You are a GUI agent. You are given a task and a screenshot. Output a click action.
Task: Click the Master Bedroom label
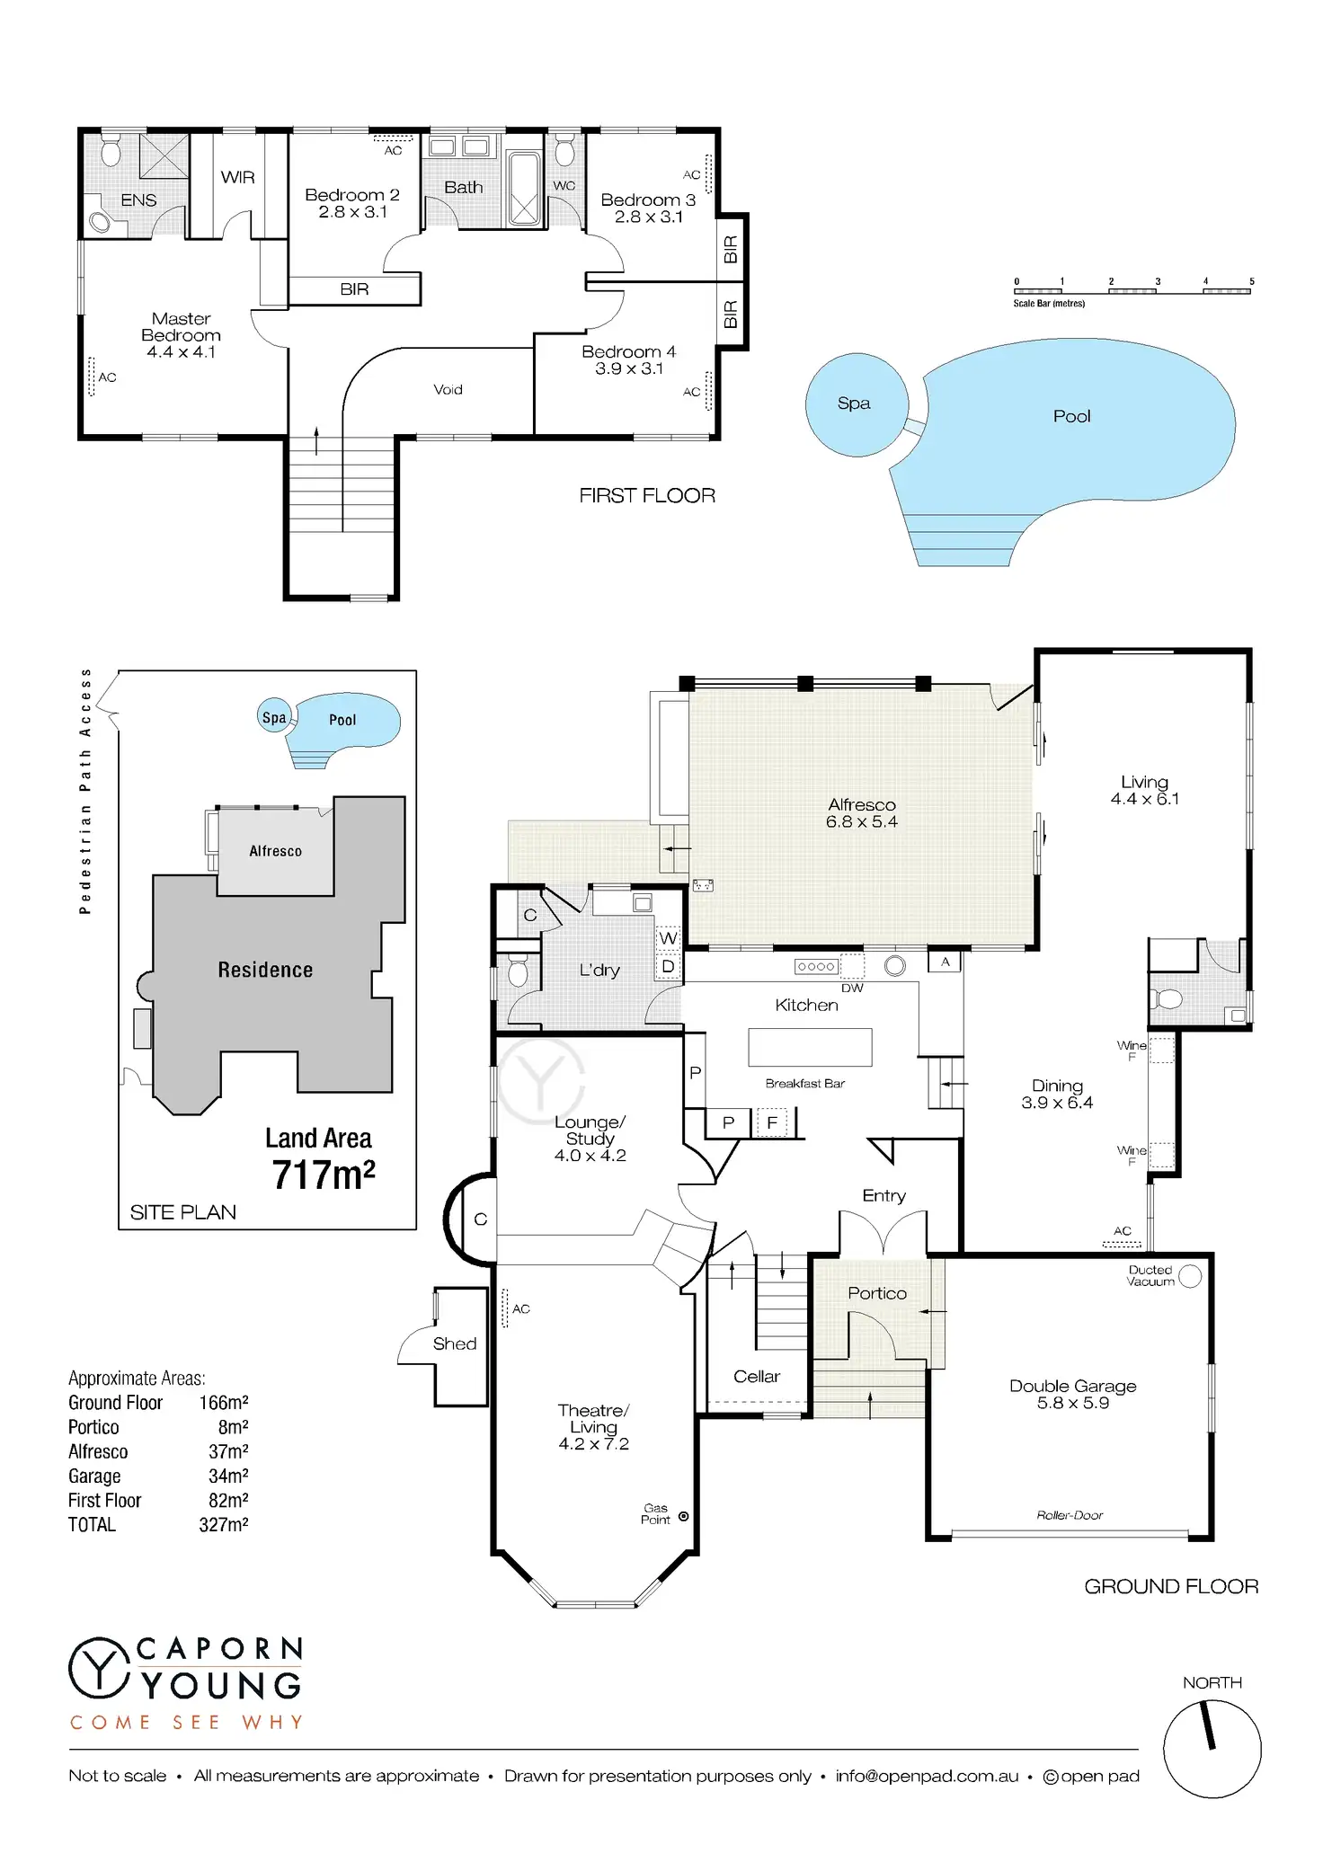click(181, 327)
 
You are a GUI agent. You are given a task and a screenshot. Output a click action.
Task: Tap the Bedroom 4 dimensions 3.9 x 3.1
click(629, 368)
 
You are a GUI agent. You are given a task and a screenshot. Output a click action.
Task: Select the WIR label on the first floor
click(238, 177)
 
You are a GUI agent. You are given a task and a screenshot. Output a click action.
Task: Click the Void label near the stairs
click(448, 389)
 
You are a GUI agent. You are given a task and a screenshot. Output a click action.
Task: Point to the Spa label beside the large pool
click(854, 403)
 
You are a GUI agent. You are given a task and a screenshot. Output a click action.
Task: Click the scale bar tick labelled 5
click(1251, 281)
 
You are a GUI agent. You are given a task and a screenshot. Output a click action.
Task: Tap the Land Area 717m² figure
click(324, 1175)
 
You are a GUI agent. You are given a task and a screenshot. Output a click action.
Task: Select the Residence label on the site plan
click(265, 970)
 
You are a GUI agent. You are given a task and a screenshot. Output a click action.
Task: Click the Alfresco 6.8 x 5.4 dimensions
click(862, 821)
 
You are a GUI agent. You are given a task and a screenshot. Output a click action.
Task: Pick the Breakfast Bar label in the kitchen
click(805, 1084)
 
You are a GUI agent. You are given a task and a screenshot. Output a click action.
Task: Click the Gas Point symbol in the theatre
click(683, 1516)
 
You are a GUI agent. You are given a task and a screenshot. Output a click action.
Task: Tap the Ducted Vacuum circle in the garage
click(1190, 1276)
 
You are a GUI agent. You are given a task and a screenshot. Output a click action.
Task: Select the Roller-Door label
click(1070, 1515)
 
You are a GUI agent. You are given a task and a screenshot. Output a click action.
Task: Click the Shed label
click(455, 1343)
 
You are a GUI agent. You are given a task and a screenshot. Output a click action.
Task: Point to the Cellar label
click(757, 1377)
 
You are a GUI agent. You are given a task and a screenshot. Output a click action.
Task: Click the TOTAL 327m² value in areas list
click(224, 1525)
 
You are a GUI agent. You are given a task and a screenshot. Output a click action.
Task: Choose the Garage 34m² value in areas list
click(228, 1476)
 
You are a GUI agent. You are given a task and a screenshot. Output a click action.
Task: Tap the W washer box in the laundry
click(668, 938)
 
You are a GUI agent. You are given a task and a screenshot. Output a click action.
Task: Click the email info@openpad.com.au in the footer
click(927, 1777)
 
